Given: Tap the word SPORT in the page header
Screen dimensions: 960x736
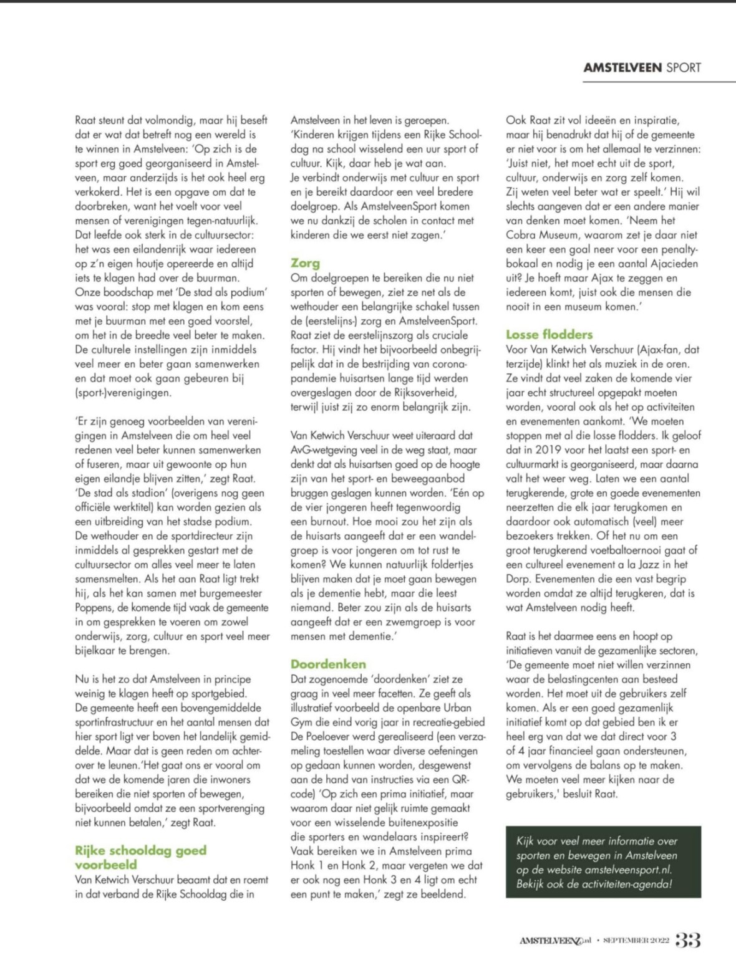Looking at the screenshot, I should (684, 68).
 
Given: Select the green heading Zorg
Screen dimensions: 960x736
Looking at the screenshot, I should (305, 263).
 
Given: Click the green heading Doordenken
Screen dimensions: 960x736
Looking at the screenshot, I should (328, 664).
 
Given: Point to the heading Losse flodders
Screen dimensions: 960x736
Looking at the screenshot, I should (549, 334).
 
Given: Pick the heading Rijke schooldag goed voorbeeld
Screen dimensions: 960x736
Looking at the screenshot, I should (140, 857).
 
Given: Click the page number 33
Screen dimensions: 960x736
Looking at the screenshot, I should (688, 939).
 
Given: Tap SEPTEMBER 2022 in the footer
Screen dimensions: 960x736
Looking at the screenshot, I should (636, 940).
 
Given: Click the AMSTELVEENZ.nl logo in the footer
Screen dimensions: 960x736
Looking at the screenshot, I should (555, 940).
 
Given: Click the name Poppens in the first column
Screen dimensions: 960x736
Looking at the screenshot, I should (94, 608).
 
